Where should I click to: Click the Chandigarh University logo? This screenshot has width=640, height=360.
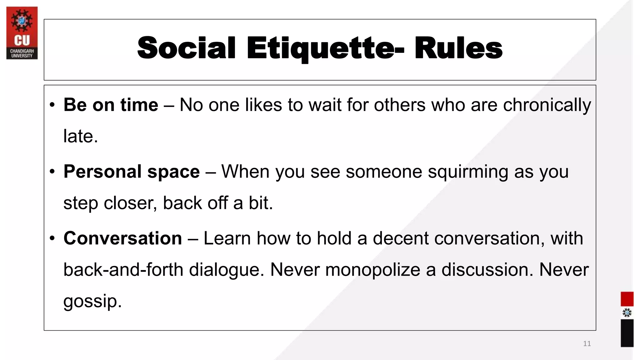(x=22, y=33)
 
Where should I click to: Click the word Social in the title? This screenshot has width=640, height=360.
(x=186, y=48)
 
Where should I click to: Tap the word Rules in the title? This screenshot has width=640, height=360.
(x=458, y=48)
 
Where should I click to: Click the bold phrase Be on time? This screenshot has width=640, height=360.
(x=111, y=105)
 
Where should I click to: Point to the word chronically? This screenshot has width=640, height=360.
(x=547, y=105)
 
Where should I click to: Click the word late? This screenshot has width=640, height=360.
(x=80, y=136)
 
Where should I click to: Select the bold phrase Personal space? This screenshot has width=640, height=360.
(x=132, y=172)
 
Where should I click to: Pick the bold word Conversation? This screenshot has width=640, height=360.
(x=123, y=238)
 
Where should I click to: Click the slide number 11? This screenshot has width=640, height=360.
(x=587, y=344)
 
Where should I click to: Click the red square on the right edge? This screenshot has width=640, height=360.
(x=627, y=299)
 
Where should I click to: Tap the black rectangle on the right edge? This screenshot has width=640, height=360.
(x=627, y=333)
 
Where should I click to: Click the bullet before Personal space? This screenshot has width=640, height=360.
(x=52, y=172)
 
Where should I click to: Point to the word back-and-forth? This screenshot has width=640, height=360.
(x=123, y=270)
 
